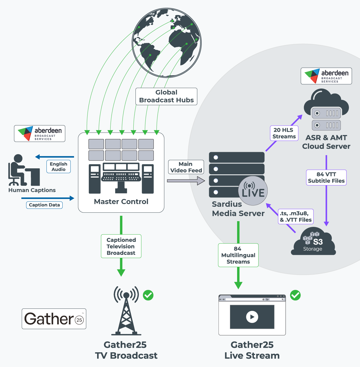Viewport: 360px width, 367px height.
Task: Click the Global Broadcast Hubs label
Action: [x=166, y=96]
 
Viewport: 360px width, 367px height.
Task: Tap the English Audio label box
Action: [x=58, y=167]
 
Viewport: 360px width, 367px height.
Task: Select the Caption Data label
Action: [x=44, y=205]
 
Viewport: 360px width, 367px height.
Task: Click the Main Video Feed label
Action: [x=186, y=167]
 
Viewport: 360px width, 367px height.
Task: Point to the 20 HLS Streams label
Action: [x=284, y=133]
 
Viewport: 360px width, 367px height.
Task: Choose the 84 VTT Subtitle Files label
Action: [x=326, y=177]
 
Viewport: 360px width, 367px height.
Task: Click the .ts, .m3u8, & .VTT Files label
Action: [x=296, y=217]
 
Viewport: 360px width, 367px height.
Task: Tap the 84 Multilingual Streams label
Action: [x=238, y=255]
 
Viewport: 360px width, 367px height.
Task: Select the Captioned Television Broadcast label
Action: [x=121, y=246]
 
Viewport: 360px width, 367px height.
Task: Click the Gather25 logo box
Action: [x=54, y=319]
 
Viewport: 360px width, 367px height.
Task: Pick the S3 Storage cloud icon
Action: [x=313, y=242]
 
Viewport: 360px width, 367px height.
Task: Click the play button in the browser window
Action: [x=252, y=317]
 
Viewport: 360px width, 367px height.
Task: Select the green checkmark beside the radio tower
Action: [x=148, y=295]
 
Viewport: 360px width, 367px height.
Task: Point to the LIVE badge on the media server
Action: [x=253, y=191]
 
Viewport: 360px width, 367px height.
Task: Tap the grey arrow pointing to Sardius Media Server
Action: [x=186, y=181]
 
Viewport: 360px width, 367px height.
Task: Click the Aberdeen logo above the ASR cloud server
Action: [x=326, y=76]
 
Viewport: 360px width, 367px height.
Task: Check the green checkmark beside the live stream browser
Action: [x=295, y=295]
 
